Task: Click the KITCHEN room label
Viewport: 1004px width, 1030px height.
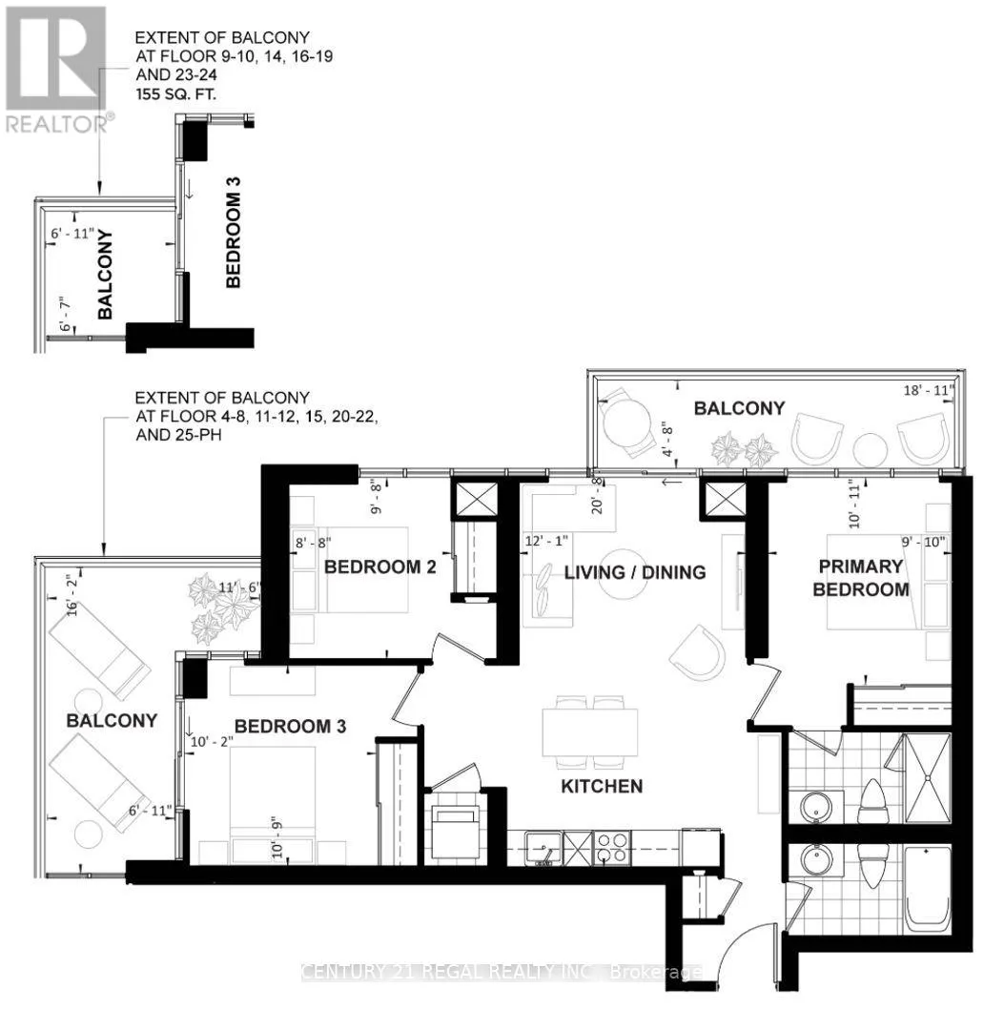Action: point(602,787)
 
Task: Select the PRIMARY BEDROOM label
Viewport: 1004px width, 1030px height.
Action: point(859,578)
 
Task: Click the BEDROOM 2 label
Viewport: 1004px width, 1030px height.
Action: point(379,567)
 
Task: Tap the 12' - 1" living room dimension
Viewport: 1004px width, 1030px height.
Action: point(546,541)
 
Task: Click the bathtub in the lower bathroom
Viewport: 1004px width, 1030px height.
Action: point(927,889)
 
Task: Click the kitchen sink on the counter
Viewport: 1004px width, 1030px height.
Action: point(544,846)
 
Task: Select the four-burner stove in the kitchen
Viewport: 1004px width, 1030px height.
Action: point(610,847)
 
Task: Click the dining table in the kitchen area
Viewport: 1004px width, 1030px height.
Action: point(590,733)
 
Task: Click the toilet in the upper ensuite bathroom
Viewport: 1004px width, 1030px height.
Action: point(872,800)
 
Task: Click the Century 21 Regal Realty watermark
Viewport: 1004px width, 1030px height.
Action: point(502,972)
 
